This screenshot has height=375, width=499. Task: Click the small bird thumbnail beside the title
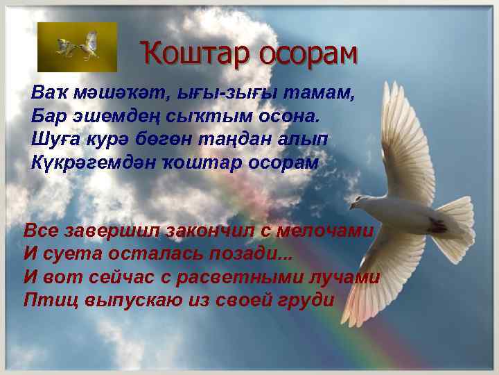(x=78, y=47)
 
